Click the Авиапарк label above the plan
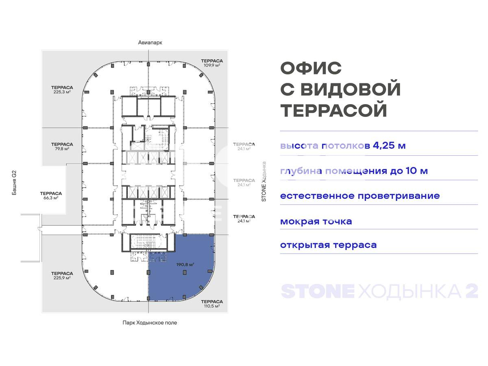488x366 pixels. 150,43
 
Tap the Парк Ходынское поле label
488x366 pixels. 150,322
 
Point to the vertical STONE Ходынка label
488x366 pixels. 264,182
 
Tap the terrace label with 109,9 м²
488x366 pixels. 212,63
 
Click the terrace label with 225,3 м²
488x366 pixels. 62,89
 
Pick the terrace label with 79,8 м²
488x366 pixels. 62,146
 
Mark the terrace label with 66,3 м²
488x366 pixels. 51,196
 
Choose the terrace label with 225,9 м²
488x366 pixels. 62,275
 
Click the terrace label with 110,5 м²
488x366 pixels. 212,304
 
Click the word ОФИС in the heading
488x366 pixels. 311,68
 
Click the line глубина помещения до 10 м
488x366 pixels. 354,171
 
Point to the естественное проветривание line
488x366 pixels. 360,196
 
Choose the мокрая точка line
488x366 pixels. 316,222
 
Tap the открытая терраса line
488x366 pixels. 328,245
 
